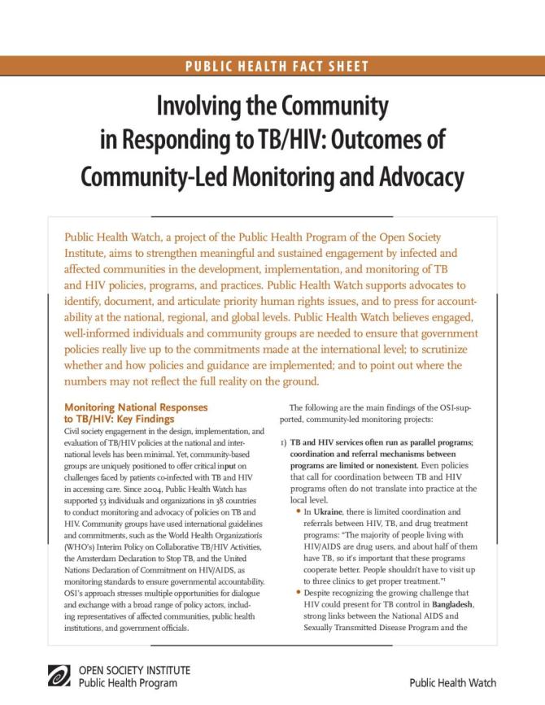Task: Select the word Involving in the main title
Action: coord(200,107)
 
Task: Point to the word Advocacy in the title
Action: coord(416,176)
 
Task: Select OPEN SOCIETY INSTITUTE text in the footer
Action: coord(134,670)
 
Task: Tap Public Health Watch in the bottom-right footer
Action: coord(452,683)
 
